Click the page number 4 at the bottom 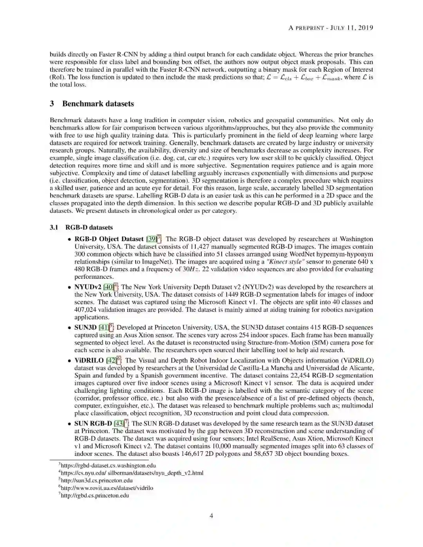tap(211, 516)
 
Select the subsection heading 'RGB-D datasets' tap(89, 227)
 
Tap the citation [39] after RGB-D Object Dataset tap(151, 239)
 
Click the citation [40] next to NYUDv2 tap(108, 287)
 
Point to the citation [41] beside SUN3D tap(103, 327)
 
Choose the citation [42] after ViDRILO tap(111, 361)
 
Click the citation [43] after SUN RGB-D tap(119, 424)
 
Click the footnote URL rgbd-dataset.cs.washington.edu tap(108, 466)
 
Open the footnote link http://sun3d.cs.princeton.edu tap(97, 480)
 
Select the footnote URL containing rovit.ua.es tap(107, 488)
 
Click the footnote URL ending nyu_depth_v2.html tap(132, 473)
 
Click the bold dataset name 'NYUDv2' tap(88, 287)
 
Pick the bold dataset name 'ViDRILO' tap(89, 361)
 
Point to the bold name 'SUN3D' tap(85, 327)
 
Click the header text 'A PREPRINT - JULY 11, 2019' tap(331, 28)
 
